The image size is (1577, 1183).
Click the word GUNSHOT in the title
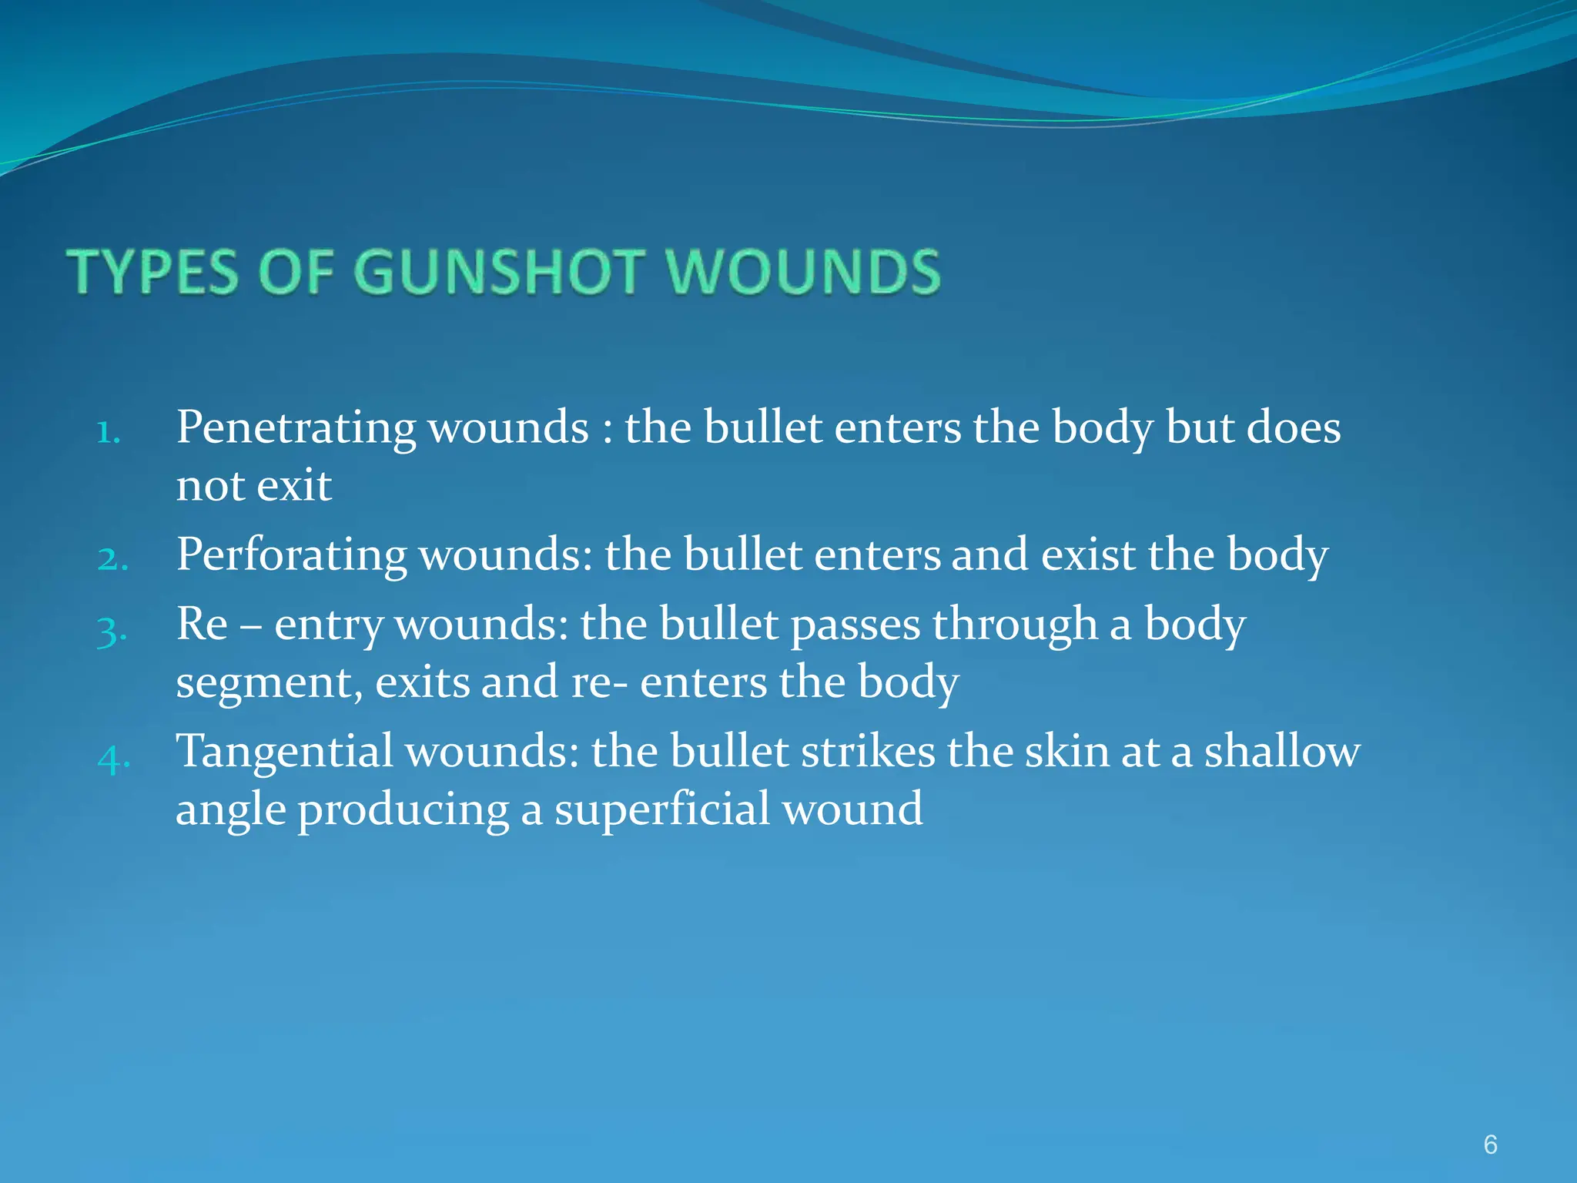[499, 272]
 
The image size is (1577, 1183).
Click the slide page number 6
[1490, 1144]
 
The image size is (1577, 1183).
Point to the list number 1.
[109, 433]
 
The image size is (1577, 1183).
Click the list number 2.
[112, 559]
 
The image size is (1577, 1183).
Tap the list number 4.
[113, 758]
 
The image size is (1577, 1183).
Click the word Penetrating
[296, 428]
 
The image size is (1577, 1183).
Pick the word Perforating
[292, 555]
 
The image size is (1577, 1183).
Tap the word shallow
[1282, 752]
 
